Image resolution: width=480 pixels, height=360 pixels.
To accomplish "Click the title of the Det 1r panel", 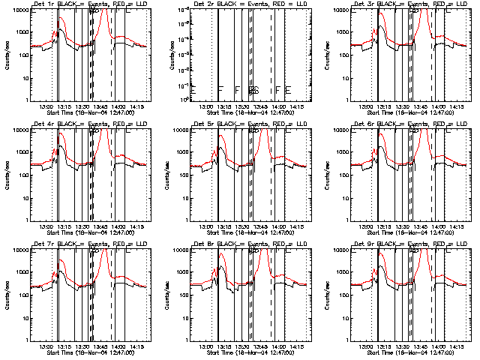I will tap(89, 5).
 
